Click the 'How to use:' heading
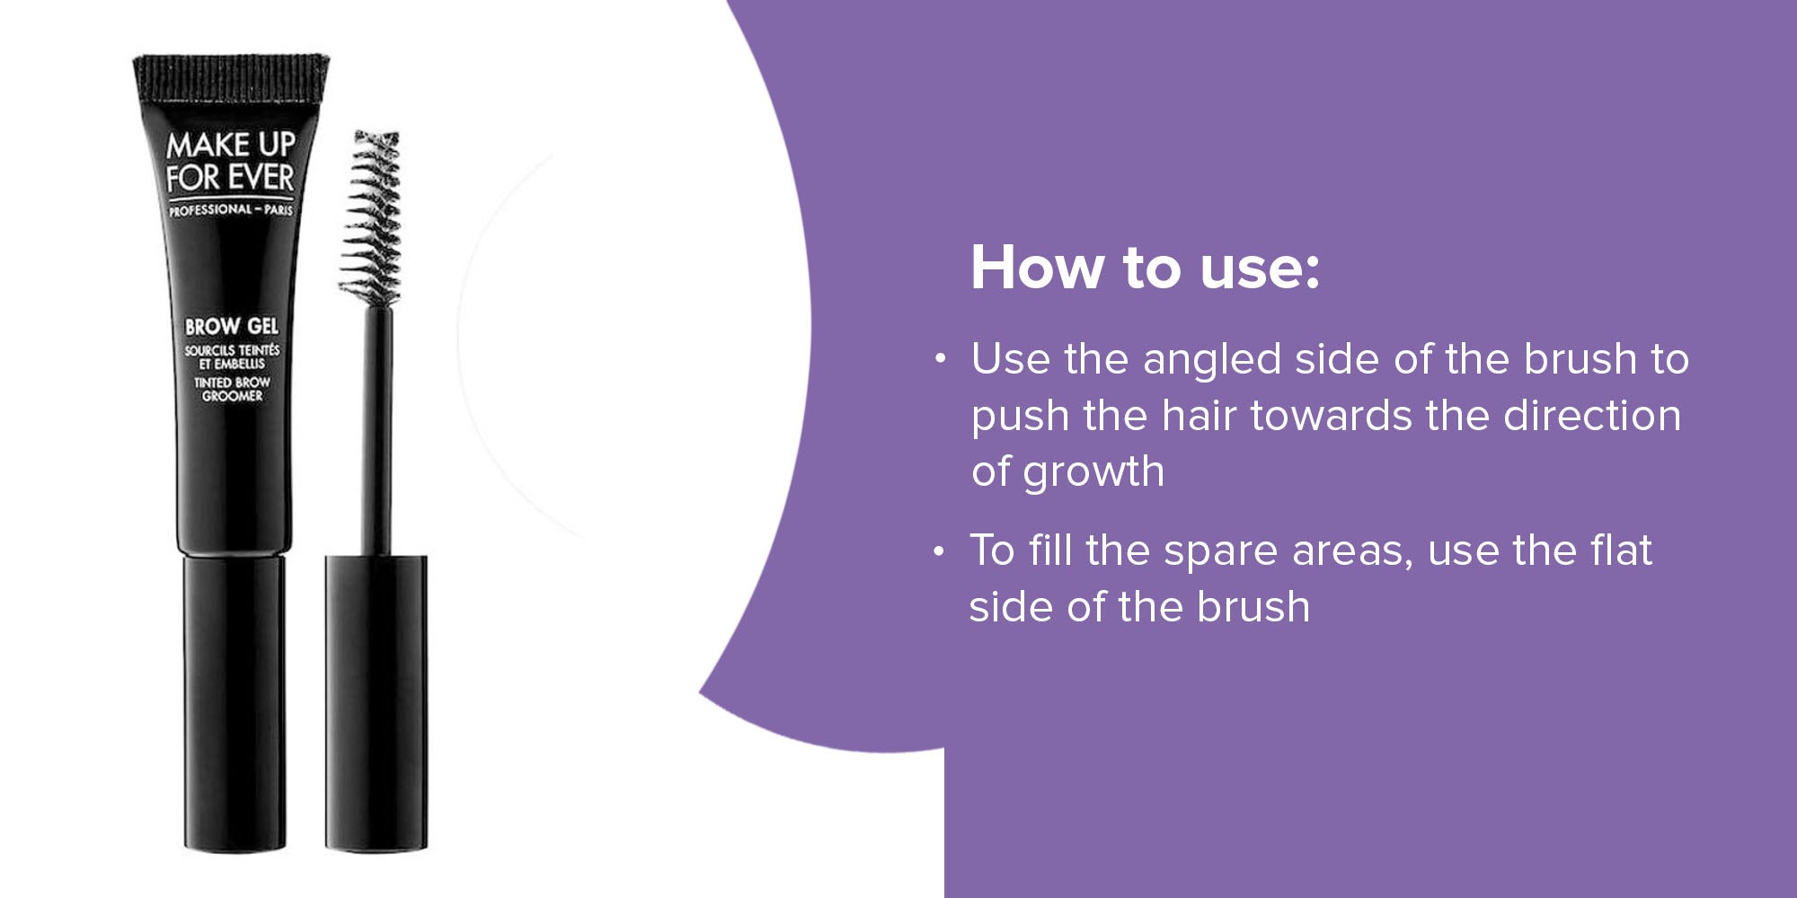tap(1146, 268)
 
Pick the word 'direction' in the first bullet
tap(1591, 416)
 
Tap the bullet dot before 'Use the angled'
tap(940, 359)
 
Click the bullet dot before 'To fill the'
tap(938, 550)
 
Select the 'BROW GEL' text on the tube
tap(232, 326)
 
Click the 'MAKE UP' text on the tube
tap(231, 144)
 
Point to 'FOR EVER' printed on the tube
tap(230, 177)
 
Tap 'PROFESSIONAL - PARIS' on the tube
tap(231, 209)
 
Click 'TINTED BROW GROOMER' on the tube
tap(232, 389)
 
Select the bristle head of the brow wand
tap(371, 216)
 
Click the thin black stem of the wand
tap(377, 429)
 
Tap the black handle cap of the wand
tap(376, 702)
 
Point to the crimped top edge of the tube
tap(231, 75)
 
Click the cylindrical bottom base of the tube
tap(235, 702)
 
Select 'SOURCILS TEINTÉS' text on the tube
tap(232, 349)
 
